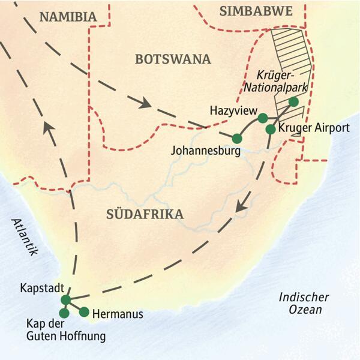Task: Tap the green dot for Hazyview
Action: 262,118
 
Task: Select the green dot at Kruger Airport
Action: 271,129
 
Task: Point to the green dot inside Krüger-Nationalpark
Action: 293,102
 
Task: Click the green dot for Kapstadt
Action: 66,299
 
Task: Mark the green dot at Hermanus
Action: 84,311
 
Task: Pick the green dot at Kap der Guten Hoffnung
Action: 64,313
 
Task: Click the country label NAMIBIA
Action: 68,17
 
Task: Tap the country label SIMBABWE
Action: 247,11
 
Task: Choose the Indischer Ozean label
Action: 304,303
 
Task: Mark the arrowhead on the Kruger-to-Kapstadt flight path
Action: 241,206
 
